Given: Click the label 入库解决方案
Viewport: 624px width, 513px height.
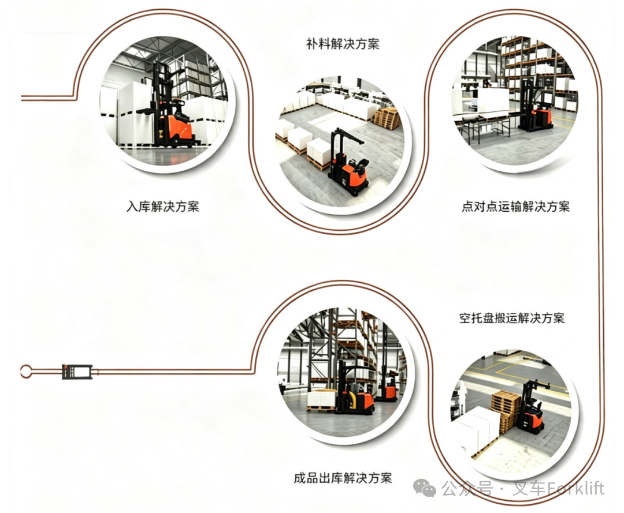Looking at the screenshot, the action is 163,207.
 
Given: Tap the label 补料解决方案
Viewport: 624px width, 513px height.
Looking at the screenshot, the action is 343,44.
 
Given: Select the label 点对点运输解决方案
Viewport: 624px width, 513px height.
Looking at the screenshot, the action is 516,207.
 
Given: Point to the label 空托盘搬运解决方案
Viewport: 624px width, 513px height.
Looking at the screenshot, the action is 512,318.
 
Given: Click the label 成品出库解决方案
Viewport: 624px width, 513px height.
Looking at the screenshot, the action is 343,478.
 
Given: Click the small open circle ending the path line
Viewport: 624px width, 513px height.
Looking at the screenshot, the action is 26,372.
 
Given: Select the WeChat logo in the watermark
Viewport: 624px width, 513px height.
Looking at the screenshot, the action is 425,488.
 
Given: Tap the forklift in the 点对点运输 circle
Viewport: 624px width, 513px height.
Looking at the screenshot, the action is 536,105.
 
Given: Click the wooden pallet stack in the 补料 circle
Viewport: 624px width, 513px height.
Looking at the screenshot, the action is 387,118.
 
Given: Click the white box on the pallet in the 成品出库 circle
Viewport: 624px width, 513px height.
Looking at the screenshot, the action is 322,399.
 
